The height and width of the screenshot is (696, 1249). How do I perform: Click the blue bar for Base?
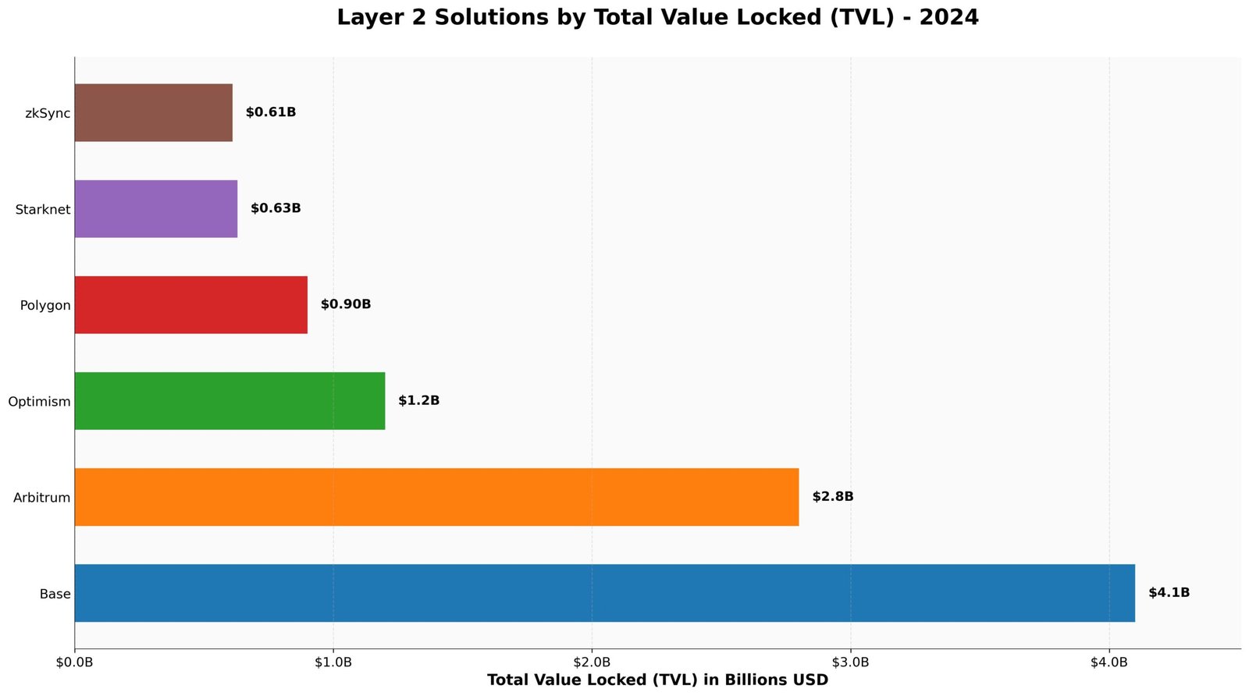pyautogui.click(x=604, y=593)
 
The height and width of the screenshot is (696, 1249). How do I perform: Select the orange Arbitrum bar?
pyautogui.click(x=436, y=497)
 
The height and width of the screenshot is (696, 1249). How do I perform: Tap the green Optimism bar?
pyautogui.click(x=230, y=401)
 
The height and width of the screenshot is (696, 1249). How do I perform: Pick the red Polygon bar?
pyautogui.click(x=190, y=305)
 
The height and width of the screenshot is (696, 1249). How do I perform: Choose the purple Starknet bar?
pyautogui.click(x=155, y=209)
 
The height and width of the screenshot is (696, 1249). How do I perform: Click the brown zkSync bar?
pyautogui.click(x=153, y=113)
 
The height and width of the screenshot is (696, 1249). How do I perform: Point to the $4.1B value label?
pyautogui.click(x=1169, y=593)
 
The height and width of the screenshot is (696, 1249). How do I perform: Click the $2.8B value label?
pyautogui.click(x=832, y=497)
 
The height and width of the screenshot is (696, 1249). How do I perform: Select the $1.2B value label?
pyautogui.click(x=418, y=401)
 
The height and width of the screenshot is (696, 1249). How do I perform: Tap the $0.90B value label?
pyautogui.click(x=345, y=305)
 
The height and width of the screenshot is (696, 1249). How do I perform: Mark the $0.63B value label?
pyautogui.click(x=275, y=209)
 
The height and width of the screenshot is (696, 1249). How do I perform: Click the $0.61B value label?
pyautogui.click(x=270, y=113)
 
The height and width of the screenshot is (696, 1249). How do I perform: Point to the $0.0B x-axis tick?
pyautogui.click(x=75, y=662)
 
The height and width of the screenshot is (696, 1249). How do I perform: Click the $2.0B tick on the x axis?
pyautogui.click(x=592, y=662)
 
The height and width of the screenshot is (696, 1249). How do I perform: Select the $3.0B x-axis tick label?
pyautogui.click(x=850, y=662)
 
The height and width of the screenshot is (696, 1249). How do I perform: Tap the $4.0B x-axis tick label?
pyautogui.click(x=1108, y=662)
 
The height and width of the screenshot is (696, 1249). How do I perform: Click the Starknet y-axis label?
pyautogui.click(x=43, y=210)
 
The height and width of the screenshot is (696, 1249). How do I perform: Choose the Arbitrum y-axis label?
pyautogui.click(x=42, y=498)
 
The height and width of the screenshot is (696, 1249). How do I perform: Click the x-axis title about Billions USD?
pyautogui.click(x=657, y=680)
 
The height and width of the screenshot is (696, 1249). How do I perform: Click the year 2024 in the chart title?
pyautogui.click(x=948, y=18)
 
